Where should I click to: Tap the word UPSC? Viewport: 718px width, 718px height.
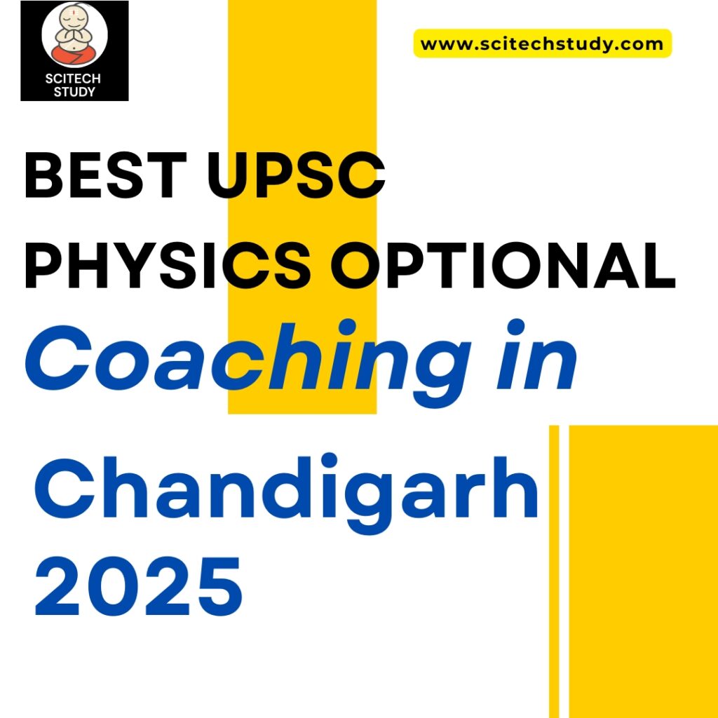tap(300, 178)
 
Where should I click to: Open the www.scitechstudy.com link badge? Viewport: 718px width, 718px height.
tap(542, 43)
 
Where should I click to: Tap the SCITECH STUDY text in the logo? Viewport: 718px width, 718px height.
tap(74, 85)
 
